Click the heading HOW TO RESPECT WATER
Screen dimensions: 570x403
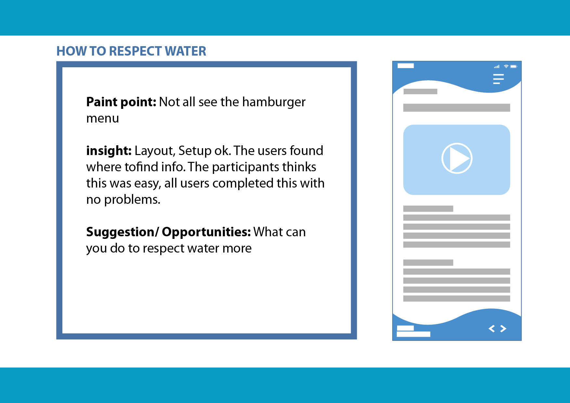tap(131, 51)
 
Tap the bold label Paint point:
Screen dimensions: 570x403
tap(121, 102)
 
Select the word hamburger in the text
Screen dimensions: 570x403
tap(274, 102)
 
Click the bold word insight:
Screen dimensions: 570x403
tap(109, 151)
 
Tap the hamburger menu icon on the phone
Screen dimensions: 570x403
tap(498, 79)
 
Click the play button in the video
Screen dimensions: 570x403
tap(457, 158)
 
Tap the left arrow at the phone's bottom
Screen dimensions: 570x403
tap(492, 329)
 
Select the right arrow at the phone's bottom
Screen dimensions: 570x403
tap(503, 329)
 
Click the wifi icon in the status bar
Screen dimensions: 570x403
tap(506, 66)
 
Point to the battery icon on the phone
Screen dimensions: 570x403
tap(514, 66)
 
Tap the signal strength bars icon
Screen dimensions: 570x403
tap(497, 67)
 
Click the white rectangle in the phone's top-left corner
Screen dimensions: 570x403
tap(406, 66)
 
